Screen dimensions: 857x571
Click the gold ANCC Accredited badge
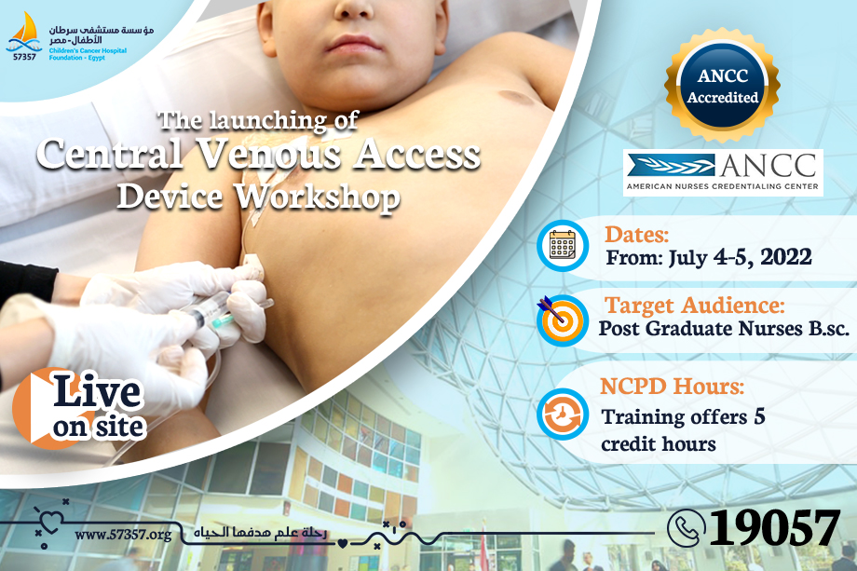pos(722,86)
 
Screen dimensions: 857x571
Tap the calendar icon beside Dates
pos(563,246)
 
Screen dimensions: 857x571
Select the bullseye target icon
pos(562,320)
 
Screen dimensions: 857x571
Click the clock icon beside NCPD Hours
pos(563,414)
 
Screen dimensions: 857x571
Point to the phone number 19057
pos(773,527)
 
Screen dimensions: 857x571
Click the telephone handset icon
pos(686,528)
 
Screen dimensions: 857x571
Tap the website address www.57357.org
pos(123,534)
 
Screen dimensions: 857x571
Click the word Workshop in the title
pos(318,197)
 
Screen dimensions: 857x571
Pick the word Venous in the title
pos(269,154)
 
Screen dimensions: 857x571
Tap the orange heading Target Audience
pos(694,306)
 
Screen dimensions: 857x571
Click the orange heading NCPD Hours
pos(672,386)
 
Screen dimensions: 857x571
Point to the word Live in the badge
pos(97,391)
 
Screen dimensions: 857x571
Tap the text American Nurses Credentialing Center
pos(723,186)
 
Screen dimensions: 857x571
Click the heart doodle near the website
pos(50,521)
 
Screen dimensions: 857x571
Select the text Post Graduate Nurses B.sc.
pos(724,329)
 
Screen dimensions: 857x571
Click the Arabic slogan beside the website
pos(260,532)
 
